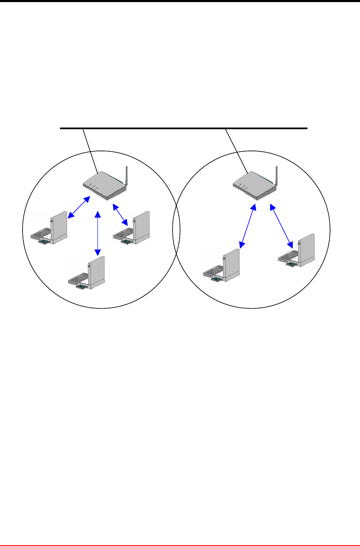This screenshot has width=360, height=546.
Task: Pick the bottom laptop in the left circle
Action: [87, 275]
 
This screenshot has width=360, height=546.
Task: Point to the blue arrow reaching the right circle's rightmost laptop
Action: [281, 224]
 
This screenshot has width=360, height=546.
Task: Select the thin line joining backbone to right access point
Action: [237, 150]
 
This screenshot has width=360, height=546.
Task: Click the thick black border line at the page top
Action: [180, 1]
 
